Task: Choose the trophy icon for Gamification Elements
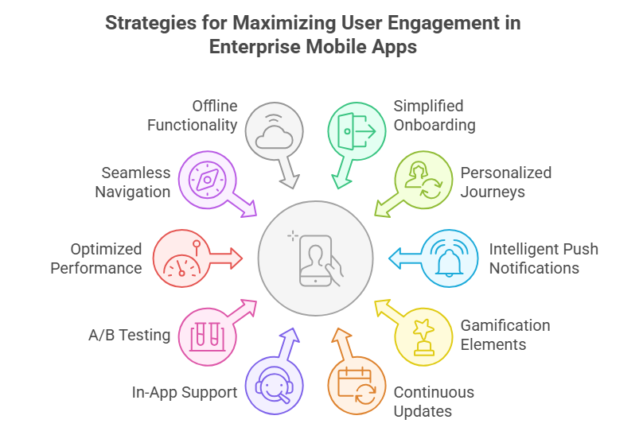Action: [423, 335]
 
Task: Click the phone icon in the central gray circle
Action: [317, 256]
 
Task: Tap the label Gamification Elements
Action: [505, 335]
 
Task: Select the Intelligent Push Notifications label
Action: [544, 258]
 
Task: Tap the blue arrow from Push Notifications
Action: [402, 256]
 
